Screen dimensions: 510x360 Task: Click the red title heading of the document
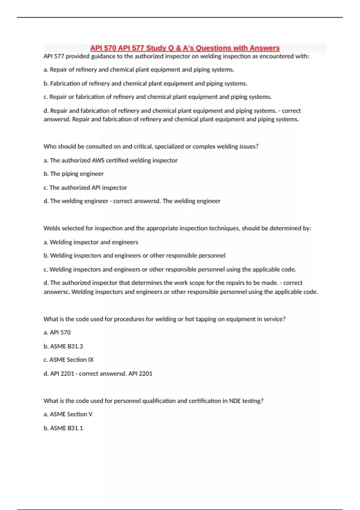click(185, 48)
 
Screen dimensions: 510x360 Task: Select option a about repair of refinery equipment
click(139, 70)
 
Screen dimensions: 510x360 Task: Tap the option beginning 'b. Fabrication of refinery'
click(145, 83)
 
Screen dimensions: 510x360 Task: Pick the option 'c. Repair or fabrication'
click(157, 97)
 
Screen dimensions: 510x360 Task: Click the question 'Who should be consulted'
click(151, 146)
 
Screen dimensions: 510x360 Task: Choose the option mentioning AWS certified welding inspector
click(110, 160)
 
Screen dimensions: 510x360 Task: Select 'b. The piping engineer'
click(73, 174)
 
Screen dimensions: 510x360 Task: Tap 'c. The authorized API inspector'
click(85, 187)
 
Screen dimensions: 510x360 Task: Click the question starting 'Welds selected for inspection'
click(177, 228)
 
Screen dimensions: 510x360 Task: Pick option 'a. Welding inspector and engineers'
click(91, 242)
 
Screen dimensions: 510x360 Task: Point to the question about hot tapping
click(164, 319)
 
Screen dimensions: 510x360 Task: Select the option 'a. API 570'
click(57, 332)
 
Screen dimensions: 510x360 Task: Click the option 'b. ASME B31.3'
click(63, 346)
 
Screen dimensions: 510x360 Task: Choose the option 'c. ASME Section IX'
click(68, 359)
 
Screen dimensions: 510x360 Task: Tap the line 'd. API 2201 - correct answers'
click(98, 373)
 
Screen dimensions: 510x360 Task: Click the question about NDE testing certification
click(153, 400)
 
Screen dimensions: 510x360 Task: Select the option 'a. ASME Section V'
click(68, 414)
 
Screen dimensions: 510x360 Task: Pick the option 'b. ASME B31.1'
click(63, 428)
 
